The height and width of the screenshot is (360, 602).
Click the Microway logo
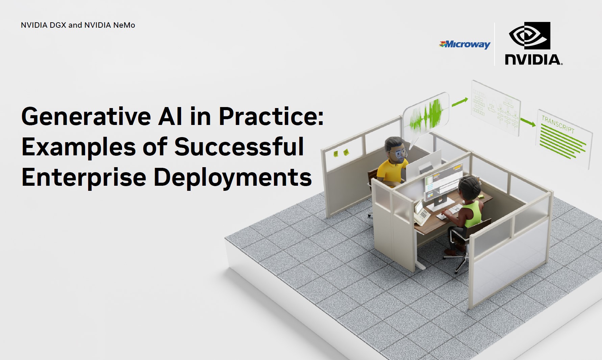click(x=465, y=44)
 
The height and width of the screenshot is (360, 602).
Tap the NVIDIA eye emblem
click(x=529, y=36)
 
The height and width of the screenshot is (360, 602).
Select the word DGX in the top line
click(x=58, y=25)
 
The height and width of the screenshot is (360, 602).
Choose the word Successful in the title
click(x=239, y=147)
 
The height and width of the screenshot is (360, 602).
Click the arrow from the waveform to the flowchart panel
click(x=460, y=102)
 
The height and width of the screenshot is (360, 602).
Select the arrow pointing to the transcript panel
click(x=528, y=122)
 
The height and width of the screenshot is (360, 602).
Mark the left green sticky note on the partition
click(x=335, y=154)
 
